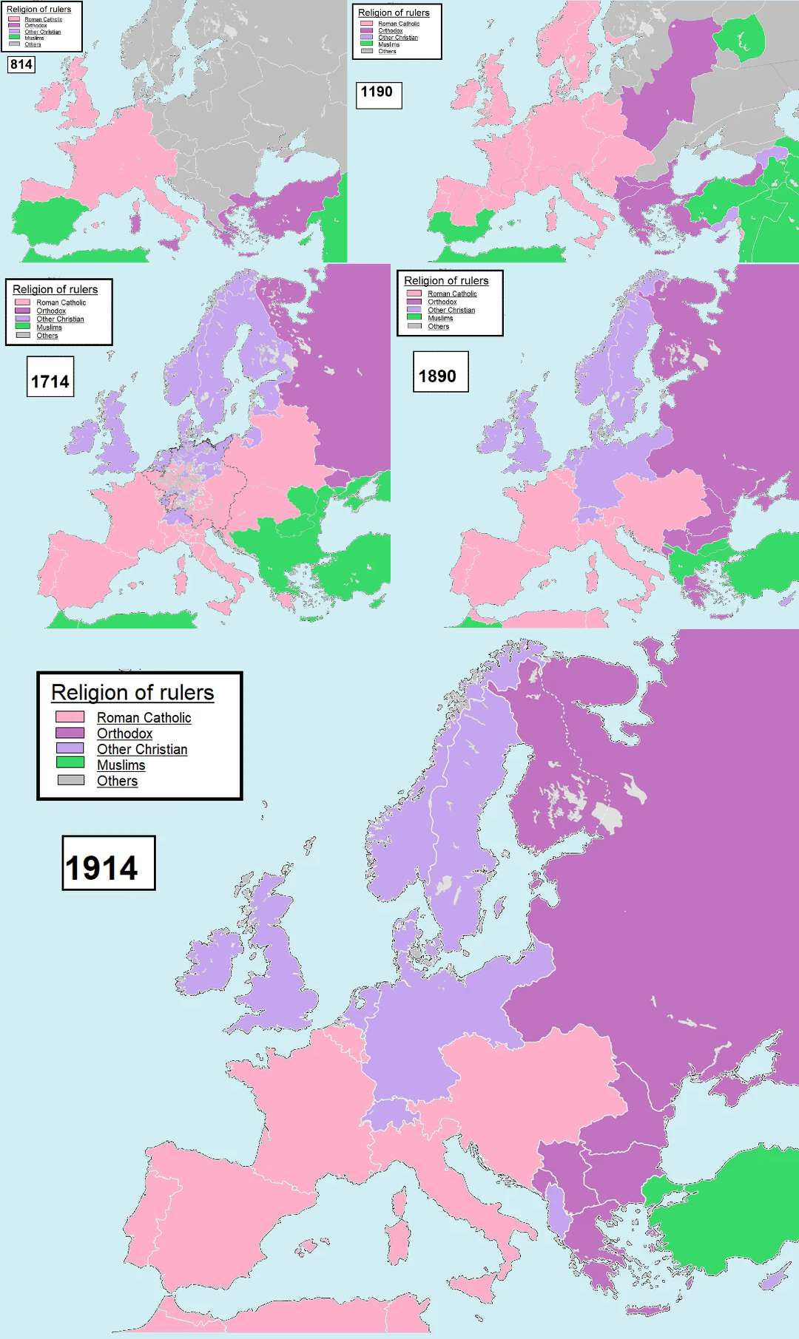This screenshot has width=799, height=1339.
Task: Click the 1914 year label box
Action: [108, 863]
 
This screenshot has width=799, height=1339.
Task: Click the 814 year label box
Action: [21, 64]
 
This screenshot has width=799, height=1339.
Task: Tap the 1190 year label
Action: [378, 92]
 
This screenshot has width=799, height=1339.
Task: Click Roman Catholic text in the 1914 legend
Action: [144, 717]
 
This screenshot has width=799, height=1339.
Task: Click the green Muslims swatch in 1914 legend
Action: [70, 762]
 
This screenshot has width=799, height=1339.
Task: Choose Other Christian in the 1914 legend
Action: [142, 749]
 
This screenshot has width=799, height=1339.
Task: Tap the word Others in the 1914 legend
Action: [117, 781]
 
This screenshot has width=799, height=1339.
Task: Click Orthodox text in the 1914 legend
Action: [124, 733]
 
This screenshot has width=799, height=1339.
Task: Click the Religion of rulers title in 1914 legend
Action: [132, 693]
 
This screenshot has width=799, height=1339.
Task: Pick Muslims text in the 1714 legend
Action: [49, 327]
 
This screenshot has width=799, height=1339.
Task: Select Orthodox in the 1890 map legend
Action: [442, 302]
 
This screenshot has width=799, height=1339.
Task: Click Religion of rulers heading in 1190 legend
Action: [394, 13]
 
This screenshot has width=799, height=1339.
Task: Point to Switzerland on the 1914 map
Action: [388, 1113]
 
